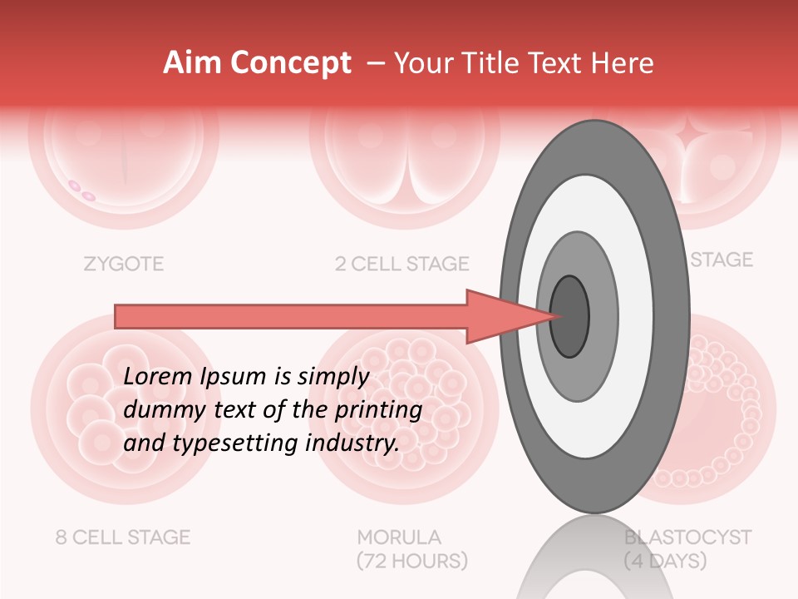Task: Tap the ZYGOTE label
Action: coord(123,265)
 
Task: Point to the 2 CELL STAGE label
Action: coord(401,265)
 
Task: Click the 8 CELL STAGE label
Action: coord(123,537)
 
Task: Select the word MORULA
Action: coord(399,537)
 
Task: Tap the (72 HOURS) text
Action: coord(411,562)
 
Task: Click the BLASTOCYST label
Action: coord(688,537)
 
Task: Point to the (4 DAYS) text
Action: coord(665,562)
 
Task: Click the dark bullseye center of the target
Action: coord(570,316)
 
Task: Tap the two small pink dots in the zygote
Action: coord(81,191)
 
